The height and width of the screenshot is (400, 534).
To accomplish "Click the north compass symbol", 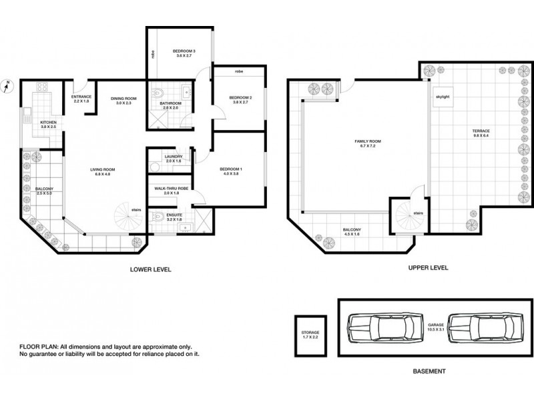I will pos(7,85).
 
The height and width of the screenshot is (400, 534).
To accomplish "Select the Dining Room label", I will pos(123,99).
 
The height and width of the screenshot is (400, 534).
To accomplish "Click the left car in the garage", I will pos(376,328).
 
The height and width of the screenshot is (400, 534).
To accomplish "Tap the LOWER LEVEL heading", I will pos(151,269).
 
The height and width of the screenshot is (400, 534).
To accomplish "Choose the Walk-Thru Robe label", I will pos(171,189).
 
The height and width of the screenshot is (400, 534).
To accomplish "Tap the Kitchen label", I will pos(48,123).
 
